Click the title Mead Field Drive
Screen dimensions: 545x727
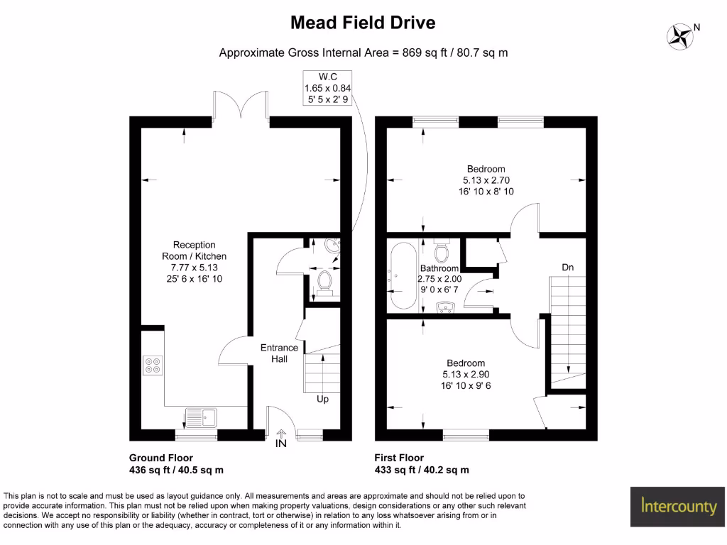363,23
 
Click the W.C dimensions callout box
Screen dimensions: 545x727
327,88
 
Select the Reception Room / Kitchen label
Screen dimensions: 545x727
194,262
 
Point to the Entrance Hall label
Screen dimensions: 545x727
279,353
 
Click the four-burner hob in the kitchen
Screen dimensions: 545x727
153,365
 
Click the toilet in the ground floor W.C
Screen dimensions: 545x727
326,280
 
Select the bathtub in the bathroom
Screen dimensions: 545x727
401,277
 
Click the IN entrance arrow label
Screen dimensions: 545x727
282,445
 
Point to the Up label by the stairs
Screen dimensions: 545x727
322,400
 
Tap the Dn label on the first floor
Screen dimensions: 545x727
567,268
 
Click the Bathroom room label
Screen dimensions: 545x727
439,274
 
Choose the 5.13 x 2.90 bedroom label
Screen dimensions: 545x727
465,374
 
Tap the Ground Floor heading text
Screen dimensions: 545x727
160,458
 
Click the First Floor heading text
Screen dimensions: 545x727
399,458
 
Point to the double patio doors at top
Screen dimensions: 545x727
241,104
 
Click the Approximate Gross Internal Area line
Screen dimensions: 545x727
363,53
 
